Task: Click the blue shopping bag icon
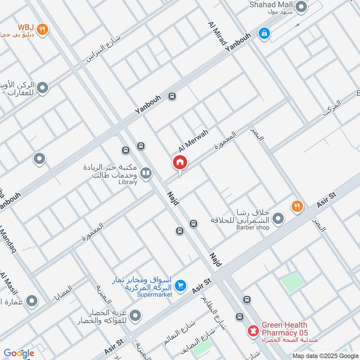click(263, 33)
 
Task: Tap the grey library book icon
click(146, 173)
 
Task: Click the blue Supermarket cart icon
click(180, 286)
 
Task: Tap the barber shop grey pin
click(279, 219)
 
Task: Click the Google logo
click(19, 353)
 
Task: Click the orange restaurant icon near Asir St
click(297, 207)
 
